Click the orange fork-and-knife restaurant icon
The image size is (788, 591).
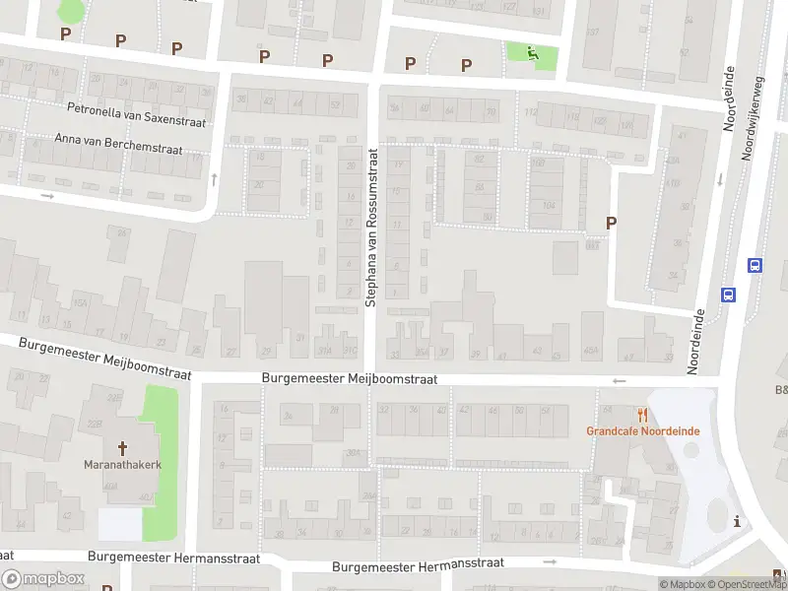pyautogui.click(x=643, y=415)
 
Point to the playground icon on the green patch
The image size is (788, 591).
pyautogui.click(x=533, y=54)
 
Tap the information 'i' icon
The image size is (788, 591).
pyautogui.click(x=737, y=522)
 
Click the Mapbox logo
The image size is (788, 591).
pyautogui.click(x=43, y=579)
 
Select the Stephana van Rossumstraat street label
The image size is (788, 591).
pyautogui.click(x=372, y=227)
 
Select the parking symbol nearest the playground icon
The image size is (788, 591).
pyautogui.click(x=467, y=65)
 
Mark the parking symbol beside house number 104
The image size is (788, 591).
pyautogui.click(x=611, y=224)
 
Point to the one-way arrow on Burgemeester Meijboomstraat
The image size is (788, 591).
pyautogui.click(x=619, y=381)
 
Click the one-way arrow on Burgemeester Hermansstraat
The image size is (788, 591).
pyautogui.click(x=549, y=561)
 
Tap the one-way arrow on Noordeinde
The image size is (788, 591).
pyautogui.click(x=719, y=179)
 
